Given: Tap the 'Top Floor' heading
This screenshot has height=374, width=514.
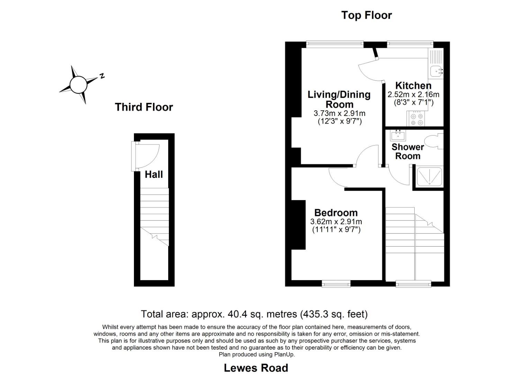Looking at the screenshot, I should [x=366, y=15].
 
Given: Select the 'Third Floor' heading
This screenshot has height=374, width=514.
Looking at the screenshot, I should [x=144, y=107].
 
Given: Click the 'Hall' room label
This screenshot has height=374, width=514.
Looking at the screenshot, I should [x=154, y=174].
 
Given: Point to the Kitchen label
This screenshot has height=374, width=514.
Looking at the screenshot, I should [x=413, y=86].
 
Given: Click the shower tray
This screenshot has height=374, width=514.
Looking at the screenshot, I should [x=429, y=176].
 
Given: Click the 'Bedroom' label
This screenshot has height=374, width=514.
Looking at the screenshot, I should [x=336, y=213].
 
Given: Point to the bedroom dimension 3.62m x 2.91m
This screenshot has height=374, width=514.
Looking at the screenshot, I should [x=336, y=222].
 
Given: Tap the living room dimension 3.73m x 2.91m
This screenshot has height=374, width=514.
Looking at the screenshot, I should [x=339, y=113].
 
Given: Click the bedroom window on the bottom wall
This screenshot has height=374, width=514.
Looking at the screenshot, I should [x=336, y=284].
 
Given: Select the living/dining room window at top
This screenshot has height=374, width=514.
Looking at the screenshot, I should [x=335, y=44].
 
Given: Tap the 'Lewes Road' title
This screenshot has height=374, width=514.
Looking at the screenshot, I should [x=256, y=367].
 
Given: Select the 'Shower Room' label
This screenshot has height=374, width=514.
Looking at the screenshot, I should [x=407, y=151].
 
